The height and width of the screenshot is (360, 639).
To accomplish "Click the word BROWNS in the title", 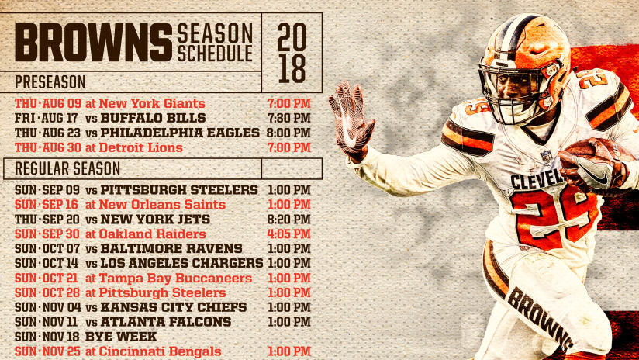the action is tap(93, 43).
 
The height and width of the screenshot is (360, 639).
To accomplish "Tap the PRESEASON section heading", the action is tap(50, 82).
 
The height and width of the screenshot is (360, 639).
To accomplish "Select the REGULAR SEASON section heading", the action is tap(67, 169).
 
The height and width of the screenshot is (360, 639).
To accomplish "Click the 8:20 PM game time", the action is tap(289, 220).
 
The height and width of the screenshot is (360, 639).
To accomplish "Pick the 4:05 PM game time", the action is tap(289, 234).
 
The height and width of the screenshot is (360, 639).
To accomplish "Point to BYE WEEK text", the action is tap(121, 337).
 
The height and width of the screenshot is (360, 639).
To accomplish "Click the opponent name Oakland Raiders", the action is tap(153, 234).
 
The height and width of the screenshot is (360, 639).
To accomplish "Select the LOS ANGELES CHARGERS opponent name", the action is tap(181, 263).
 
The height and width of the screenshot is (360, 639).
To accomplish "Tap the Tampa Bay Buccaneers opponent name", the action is tap(175, 278).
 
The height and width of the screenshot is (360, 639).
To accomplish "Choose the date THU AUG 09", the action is tap(48, 103).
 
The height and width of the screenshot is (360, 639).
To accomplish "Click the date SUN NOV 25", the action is tap(48, 351).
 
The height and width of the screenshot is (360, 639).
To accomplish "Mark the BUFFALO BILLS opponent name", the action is tap(153, 118).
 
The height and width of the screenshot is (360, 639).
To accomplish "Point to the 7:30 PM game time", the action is tap(289, 118).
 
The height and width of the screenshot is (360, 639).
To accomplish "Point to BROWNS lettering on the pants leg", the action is tap(539, 317).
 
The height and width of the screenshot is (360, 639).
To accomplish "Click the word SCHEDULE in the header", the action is tap(215, 53).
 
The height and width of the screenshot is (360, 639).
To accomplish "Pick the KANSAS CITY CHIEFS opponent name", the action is tap(174, 307).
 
